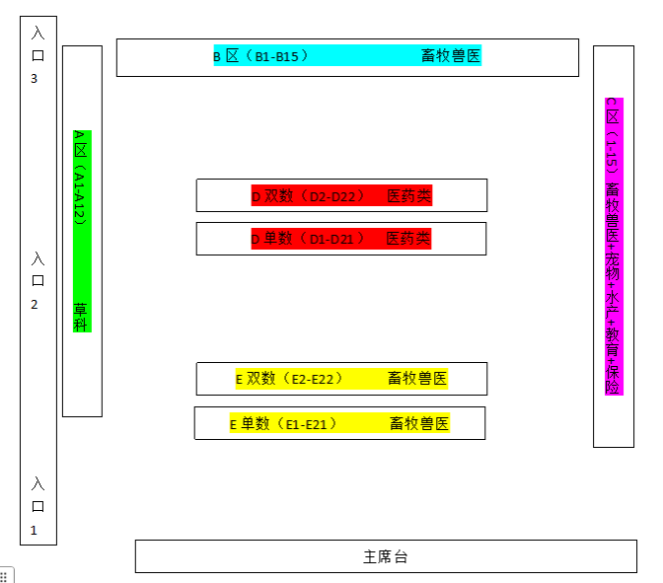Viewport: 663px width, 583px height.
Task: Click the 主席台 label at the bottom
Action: tap(385, 557)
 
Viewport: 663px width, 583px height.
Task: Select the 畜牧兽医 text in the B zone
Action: tap(451, 56)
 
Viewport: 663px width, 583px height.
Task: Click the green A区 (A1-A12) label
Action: tap(81, 178)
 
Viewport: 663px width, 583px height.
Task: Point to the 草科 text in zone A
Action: tap(81, 316)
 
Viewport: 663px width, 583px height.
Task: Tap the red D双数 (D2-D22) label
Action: tap(302, 196)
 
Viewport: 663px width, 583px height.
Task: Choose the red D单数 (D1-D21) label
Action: tap(307, 239)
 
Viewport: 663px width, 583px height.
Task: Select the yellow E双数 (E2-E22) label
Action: tap(288, 379)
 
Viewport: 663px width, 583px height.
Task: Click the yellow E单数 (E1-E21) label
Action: tap(283, 424)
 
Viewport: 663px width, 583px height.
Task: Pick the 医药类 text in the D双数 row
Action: tap(408, 196)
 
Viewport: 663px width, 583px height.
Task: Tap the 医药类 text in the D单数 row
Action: tap(407, 239)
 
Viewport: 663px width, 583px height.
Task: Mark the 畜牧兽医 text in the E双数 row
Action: tap(417, 379)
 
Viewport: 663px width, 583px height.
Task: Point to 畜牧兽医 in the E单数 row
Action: tap(419, 424)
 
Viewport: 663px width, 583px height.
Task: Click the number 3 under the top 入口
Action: tap(35, 78)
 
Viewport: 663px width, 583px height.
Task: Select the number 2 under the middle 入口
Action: tap(35, 304)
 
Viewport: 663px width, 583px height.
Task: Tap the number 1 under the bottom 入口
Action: tap(35, 530)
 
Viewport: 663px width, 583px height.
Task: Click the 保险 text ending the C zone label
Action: tap(613, 379)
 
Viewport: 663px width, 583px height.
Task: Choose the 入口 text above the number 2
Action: tap(37, 270)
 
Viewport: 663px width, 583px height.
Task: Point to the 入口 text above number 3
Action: tap(37, 44)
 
